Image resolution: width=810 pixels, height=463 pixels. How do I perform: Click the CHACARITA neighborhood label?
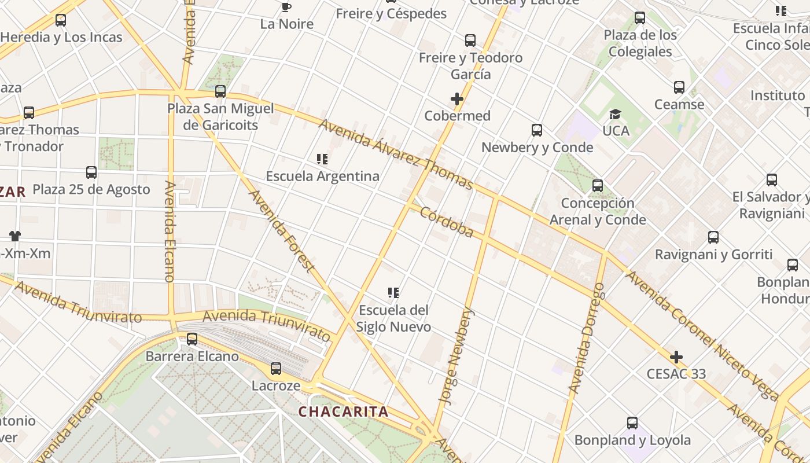click(343, 412)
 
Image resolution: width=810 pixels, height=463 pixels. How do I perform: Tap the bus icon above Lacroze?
click(276, 369)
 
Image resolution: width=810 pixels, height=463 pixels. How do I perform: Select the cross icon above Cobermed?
click(457, 99)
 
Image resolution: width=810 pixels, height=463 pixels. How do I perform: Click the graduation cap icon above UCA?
click(615, 114)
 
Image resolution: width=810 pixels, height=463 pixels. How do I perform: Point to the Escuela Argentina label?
click(322, 176)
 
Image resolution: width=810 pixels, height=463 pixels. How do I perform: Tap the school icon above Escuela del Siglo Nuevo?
click(393, 293)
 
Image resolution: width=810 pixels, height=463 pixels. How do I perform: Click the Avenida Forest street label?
click(281, 231)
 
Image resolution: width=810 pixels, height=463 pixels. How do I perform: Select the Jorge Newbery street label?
click(456, 355)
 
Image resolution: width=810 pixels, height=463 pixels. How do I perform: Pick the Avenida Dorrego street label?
click(586, 338)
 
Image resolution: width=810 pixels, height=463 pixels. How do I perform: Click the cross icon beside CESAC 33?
click(676, 357)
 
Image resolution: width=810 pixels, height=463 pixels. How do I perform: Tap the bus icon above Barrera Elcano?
click(192, 339)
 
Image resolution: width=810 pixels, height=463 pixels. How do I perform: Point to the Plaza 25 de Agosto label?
click(91, 189)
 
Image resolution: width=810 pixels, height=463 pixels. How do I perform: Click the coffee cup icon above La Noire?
click(286, 7)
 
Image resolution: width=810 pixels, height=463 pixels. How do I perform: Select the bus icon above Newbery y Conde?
click(537, 130)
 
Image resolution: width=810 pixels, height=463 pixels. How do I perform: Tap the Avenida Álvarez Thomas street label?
click(396, 155)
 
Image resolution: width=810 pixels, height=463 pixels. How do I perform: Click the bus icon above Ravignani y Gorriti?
click(713, 237)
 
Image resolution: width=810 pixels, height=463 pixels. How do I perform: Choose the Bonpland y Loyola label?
click(632, 440)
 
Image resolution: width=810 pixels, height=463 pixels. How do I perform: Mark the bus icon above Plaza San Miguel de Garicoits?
click(220, 91)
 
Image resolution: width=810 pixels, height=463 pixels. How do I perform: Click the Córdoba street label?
click(446, 222)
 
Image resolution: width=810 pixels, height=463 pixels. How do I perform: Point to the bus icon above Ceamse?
click(679, 88)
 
